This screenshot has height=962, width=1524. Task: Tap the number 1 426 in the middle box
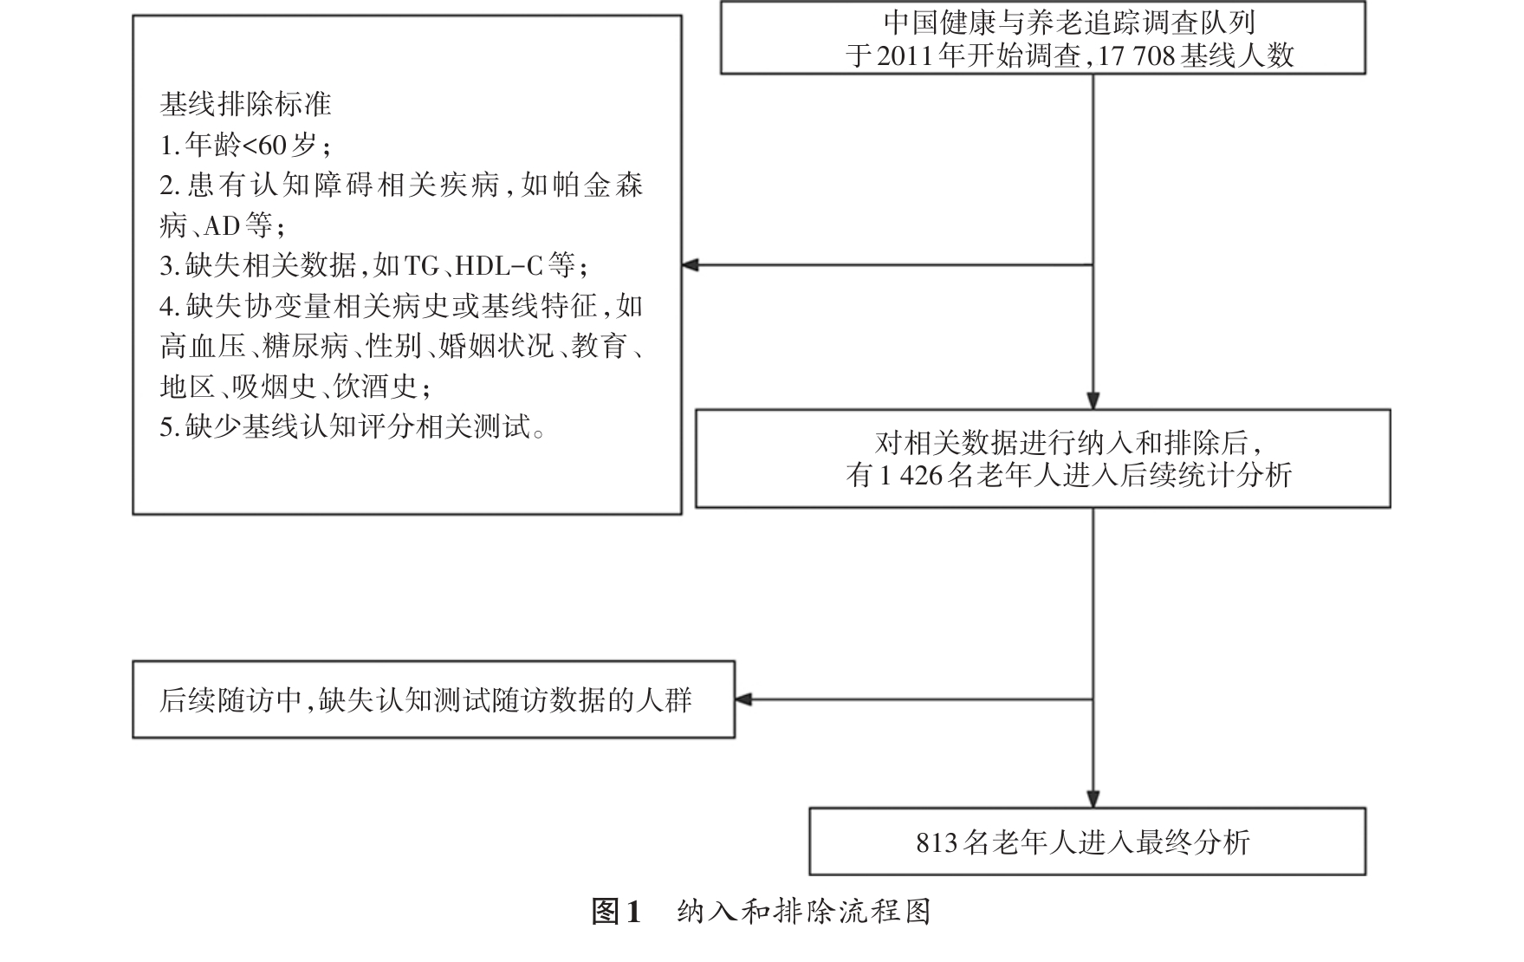(x=910, y=475)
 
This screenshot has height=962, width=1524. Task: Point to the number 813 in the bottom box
(x=937, y=842)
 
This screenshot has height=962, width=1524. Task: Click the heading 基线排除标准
(x=245, y=105)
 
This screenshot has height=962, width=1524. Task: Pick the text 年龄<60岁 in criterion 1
(x=251, y=145)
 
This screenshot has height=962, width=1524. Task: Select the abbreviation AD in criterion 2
(x=222, y=225)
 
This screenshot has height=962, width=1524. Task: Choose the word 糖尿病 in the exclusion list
(x=305, y=346)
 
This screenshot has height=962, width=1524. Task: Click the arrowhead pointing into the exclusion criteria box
(x=691, y=265)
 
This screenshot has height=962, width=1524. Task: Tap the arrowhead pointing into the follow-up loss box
(x=743, y=699)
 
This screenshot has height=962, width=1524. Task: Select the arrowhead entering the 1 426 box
(x=1093, y=400)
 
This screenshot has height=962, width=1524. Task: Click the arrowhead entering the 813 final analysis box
(x=1093, y=799)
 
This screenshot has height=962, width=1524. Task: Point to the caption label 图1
(x=615, y=912)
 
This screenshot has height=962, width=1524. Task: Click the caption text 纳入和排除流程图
(x=803, y=912)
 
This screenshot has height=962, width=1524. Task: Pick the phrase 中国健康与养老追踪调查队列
(x=1069, y=23)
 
